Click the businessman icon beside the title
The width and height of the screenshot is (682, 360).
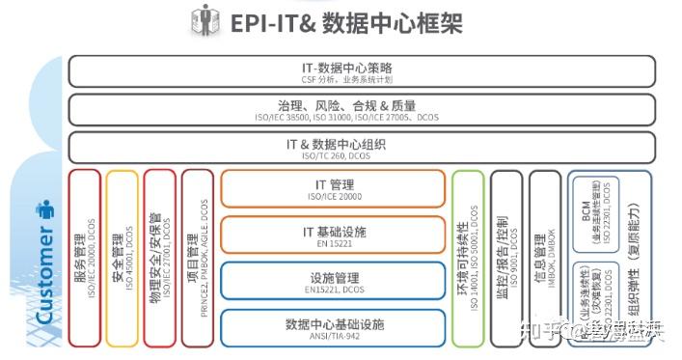[x=205, y=20]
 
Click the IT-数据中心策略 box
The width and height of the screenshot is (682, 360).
[x=362, y=71]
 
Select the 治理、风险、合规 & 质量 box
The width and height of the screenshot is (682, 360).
[x=362, y=109]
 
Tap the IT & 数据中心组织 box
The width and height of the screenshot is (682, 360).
[x=362, y=147]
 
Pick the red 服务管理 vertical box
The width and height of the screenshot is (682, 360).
[x=85, y=259]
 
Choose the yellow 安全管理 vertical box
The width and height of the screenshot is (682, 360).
[x=123, y=259]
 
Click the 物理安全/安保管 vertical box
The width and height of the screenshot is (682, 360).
[x=160, y=259]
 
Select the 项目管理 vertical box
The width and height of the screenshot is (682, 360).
[x=198, y=259]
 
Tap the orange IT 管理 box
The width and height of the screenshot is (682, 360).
[x=331, y=188]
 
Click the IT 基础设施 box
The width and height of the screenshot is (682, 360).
[x=331, y=235]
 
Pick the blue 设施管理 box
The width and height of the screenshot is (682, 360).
[x=331, y=281]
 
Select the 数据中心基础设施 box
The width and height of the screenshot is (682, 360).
[x=331, y=326]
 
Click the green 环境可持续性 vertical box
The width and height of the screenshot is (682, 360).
[x=468, y=259]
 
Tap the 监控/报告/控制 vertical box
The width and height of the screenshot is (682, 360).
[x=506, y=259]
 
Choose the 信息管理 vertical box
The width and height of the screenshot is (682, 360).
[x=544, y=259]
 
